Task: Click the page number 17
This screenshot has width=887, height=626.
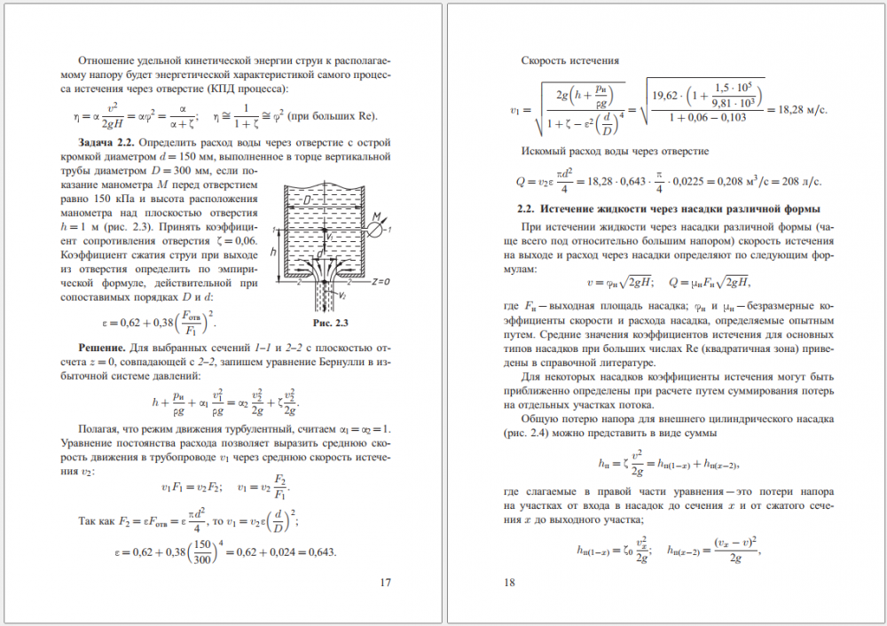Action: point(385,583)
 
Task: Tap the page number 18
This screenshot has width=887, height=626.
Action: point(509,583)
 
